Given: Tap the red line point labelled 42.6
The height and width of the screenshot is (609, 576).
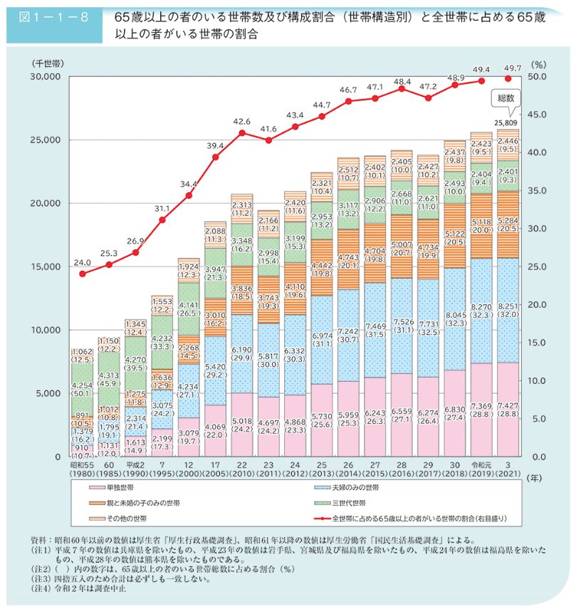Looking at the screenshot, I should [242, 133].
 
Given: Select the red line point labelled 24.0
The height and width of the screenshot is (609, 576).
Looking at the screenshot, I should [83, 274].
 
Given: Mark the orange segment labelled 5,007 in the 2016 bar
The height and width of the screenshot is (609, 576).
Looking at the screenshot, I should [402, 235].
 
